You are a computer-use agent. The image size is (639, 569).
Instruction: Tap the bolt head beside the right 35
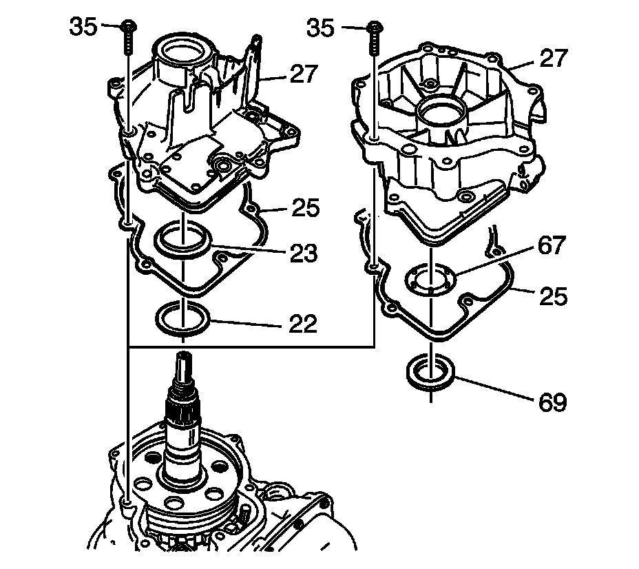coord(373,28)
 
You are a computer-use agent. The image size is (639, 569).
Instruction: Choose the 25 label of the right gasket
coord(554,296)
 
